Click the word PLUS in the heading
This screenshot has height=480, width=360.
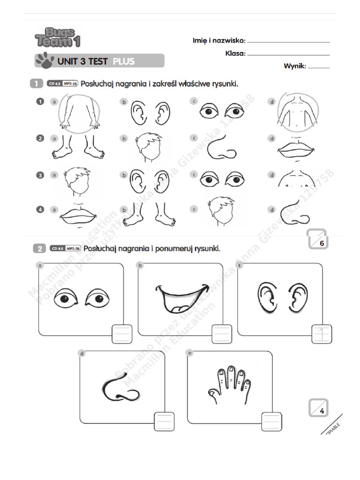(x=123, y=61)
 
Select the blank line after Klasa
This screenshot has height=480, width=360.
(x=288, y=54)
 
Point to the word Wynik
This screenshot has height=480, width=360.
(x=294, y=66)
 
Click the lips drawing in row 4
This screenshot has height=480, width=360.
(x=78, y=215)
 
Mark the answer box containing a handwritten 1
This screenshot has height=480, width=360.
(x=322, y=334)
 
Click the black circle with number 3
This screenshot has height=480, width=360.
(x=40, y=175)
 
